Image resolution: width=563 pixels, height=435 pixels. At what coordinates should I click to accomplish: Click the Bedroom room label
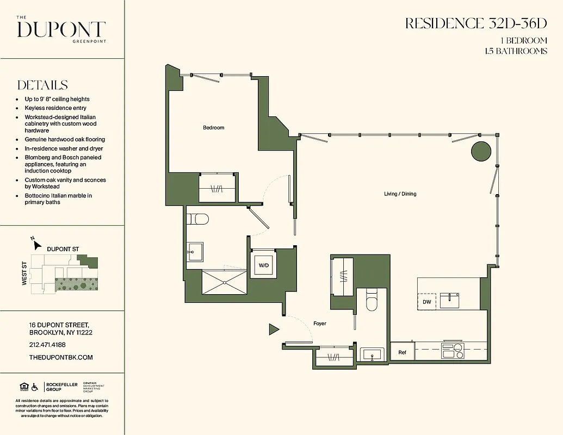[x=213, y=128]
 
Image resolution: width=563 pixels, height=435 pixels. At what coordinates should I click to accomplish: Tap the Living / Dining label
[x=400, y=194]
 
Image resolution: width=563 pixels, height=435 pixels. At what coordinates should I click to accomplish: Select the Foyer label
[x=320, y=324]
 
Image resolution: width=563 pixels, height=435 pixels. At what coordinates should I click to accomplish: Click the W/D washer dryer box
[x=264, y=266]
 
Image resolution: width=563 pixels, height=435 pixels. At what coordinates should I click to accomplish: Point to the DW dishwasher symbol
[x=426, y=302]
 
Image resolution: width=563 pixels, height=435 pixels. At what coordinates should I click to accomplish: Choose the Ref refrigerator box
[x=402, y=352]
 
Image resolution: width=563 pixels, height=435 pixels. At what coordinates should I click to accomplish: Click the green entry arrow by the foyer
[x=274, y=329]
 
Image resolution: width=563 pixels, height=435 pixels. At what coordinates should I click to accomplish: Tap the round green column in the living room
[x=481, y=151]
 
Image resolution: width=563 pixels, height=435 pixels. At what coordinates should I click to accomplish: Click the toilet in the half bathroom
[x=372, y=300]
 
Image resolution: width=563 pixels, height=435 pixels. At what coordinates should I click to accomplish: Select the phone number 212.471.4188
[x=47, y=345]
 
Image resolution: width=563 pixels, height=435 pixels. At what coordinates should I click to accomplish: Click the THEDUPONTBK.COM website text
[x=61, y=357]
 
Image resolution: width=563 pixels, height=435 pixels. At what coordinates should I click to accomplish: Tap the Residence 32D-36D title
[x=475, y=23]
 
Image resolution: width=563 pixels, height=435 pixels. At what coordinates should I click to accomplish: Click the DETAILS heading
[x=42, y=85]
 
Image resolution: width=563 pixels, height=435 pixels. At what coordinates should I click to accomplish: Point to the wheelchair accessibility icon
[x=35, y=387]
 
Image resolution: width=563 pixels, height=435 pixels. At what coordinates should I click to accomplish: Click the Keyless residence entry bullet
[x=55, y=108]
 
